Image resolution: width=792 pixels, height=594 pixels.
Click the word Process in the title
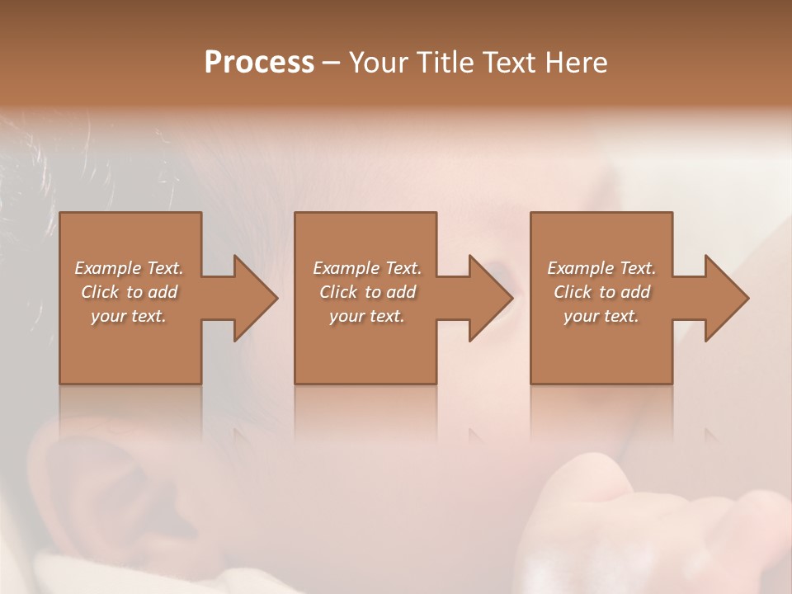(x=259, y=62)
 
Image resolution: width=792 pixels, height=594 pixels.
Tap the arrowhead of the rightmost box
(x=726, y=298)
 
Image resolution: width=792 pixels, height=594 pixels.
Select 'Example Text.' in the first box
(x=129, y=268)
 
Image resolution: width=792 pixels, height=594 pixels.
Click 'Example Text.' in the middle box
(x=366, y=268)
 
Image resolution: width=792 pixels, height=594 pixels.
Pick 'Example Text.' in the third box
(x=601, y=268)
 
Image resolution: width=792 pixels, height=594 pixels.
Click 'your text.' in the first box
(x=129, y=316)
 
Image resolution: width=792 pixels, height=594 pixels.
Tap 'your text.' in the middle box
(x=366, y=316)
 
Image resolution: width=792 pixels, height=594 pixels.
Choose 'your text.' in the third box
(x=601, y=316)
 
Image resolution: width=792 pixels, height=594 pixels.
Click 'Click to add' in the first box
(x=129, y=292)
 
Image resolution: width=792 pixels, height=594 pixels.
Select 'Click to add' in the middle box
(x=366, y=292)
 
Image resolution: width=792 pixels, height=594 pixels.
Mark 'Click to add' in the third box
(x=601, y=292)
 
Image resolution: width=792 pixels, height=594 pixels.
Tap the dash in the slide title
(x=331, y=64)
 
